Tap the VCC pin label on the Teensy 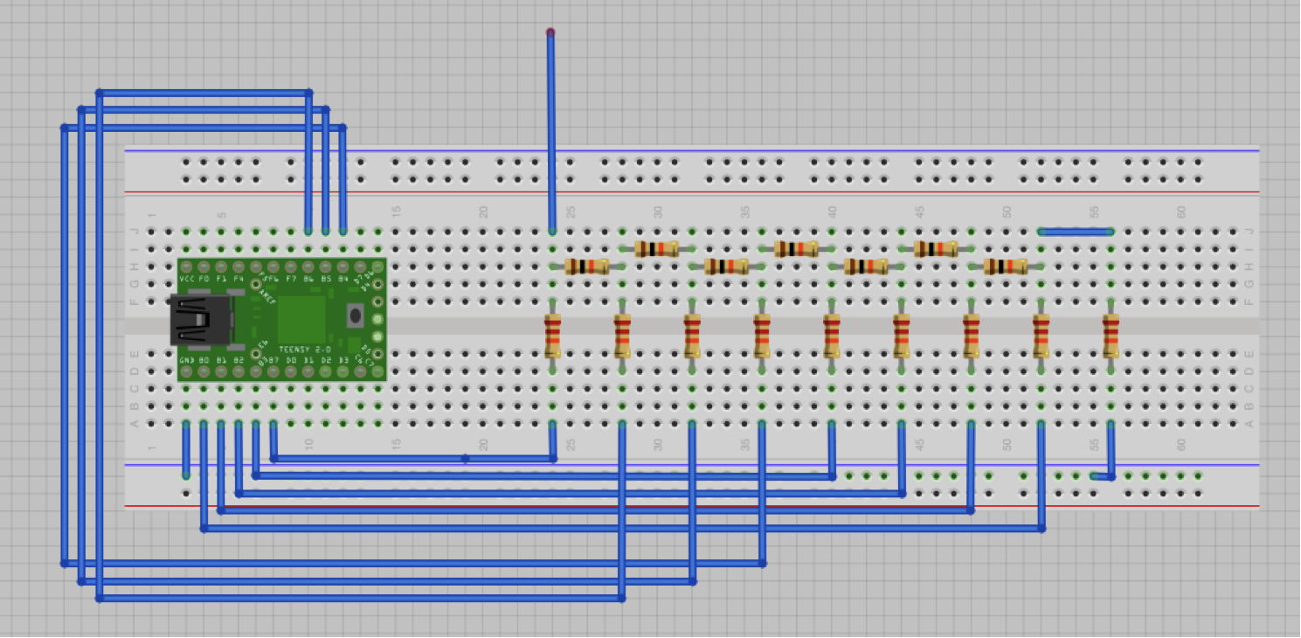[186, 279]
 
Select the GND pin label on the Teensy [186, 360]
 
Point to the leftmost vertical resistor [552, 336]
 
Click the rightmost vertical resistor [1111, 336]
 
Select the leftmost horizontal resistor [586, 267]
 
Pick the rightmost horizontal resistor [1006, 267]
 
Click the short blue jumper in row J [1076, 232]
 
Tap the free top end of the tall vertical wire [550, 33]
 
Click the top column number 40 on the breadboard [832, 212]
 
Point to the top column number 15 [396, 212]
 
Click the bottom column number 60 [1180, 444]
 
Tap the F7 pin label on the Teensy [291, 279]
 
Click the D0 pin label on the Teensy [291, 360]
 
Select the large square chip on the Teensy [301, 319]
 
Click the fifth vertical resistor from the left [831, 336]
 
